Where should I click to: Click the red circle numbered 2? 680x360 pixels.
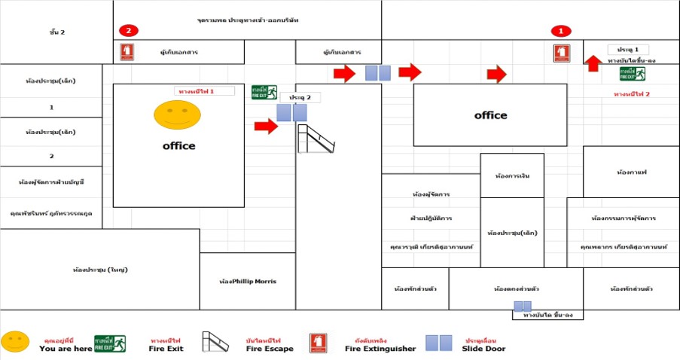point(129,31)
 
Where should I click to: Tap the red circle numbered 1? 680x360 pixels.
point(560,31)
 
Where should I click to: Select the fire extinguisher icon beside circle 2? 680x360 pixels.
point(127,51)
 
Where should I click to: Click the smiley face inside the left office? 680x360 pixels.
point(178,114)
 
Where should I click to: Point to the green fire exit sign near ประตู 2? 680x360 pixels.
point(264,92)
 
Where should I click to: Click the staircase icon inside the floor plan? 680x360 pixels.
point(316,139)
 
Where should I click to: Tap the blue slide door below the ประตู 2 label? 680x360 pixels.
point(291,112)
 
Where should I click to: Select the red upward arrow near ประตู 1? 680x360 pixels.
point(593,63)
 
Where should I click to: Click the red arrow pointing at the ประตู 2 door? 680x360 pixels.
point(266,126)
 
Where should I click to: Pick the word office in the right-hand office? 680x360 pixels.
point(490,115)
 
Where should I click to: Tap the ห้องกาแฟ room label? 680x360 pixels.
point(631,172)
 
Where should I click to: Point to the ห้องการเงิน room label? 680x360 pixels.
point(512,175)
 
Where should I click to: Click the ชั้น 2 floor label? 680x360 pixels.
point(57,32)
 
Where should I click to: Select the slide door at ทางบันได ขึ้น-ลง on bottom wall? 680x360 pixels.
point(523,306)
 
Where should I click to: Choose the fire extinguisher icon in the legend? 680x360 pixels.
point(318,343)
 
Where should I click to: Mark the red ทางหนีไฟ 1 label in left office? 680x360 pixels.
point(196,91)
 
